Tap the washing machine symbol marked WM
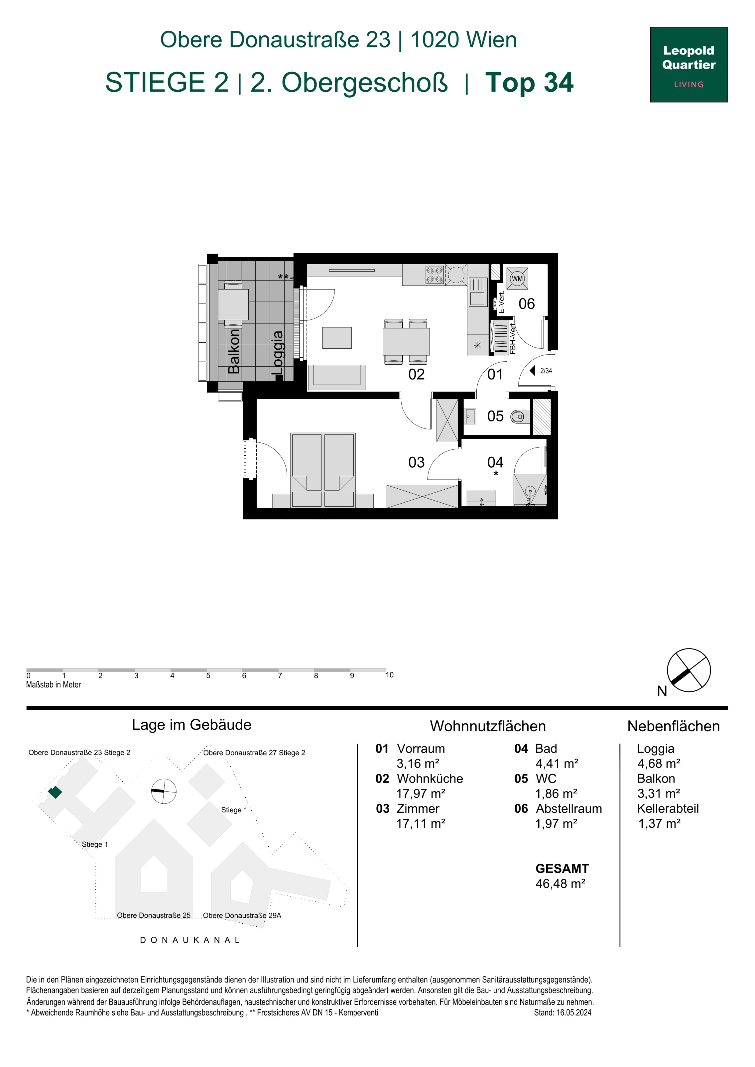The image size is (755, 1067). pyautogui.click(x=517, y=279)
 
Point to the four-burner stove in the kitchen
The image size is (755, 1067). pyautogui.click(x=435, y=275)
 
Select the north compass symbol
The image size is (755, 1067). pyautogui.click(x=688, y=671)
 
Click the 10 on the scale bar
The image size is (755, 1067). pyautogui.click(x=389, y=675)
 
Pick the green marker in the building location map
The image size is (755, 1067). pyautogui.click(x=55, y=792)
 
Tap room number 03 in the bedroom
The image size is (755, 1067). pyautogui.click(x=416, y=462)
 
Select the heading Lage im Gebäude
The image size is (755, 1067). pyautogui.click(x=192, y=725)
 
